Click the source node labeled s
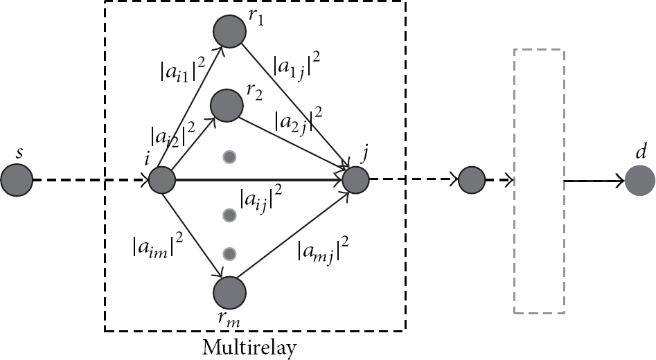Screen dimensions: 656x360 17,180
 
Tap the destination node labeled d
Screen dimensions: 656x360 639,181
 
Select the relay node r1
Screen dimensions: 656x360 230,31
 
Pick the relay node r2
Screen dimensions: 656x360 227,105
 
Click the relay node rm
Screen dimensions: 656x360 230,292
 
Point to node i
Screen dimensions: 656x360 162,180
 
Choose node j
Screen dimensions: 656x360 355,180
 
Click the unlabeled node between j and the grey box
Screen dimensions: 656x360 472,180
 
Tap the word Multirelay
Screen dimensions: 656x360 249,348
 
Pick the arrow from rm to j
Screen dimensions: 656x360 293,235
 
